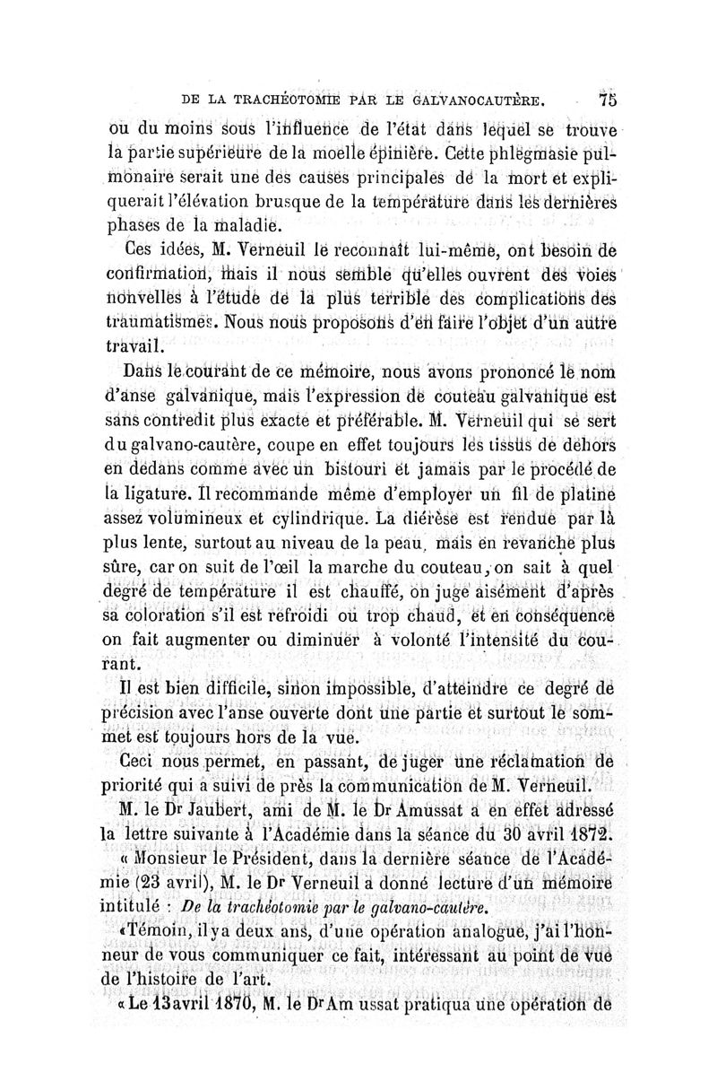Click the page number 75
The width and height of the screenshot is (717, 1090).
606,99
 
